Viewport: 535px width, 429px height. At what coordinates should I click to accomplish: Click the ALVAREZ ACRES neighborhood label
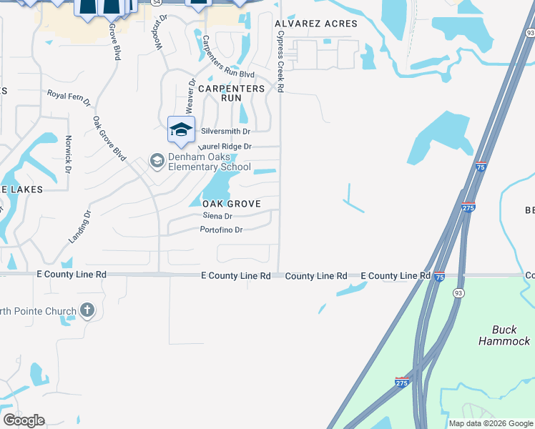pos(316,24)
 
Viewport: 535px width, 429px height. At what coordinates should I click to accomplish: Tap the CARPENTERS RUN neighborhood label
pos(231,93)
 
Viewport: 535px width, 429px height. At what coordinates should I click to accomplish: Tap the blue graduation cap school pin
pos(181,129)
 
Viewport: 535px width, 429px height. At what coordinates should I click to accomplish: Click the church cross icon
pos(87,310)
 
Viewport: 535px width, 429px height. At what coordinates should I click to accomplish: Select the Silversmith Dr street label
pos(226,132)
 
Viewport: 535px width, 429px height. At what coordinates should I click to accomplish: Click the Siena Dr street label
pos(217,216)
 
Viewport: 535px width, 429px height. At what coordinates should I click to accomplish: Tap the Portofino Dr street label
pos(222,230)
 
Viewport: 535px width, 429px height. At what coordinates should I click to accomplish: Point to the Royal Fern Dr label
pos(69,98)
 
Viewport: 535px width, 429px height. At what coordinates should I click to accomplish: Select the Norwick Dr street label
pos(69,154)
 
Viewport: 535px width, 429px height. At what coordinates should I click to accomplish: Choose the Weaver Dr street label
pos(191,95)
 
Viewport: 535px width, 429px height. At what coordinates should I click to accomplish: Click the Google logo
pos(24,420)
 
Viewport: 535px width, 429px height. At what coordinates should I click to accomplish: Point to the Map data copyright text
pos(490,423)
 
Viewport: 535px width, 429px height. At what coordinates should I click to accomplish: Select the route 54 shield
pos(155,3)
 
